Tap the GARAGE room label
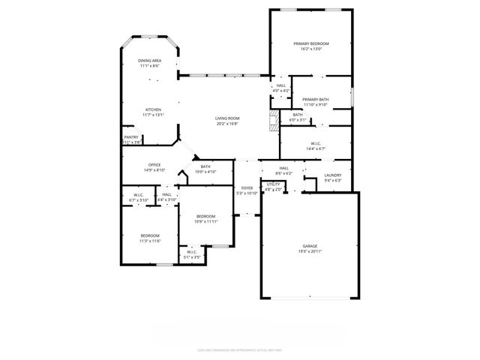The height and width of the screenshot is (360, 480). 310,245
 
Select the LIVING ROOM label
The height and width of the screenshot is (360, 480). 227,118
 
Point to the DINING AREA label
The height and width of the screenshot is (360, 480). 150,61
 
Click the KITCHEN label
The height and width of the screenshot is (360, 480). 154,109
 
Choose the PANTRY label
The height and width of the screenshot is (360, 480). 131,137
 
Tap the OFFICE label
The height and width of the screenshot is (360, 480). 155,165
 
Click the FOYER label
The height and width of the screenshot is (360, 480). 247,188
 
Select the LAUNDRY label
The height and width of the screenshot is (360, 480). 333,175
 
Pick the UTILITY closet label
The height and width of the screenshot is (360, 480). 274,184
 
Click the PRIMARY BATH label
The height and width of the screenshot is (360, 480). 316,100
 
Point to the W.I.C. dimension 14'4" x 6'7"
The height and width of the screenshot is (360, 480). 316,148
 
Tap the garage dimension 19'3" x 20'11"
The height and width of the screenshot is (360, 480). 310,251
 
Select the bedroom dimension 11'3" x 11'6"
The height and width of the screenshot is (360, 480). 151,241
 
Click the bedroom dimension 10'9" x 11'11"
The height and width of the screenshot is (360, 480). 205,222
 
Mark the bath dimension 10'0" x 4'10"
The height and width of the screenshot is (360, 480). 205,172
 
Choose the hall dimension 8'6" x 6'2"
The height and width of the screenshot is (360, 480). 284,173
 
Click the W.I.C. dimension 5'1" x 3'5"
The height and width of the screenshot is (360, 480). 192,257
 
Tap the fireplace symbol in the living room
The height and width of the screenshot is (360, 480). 272,119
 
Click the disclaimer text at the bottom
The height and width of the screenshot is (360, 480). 240,348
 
